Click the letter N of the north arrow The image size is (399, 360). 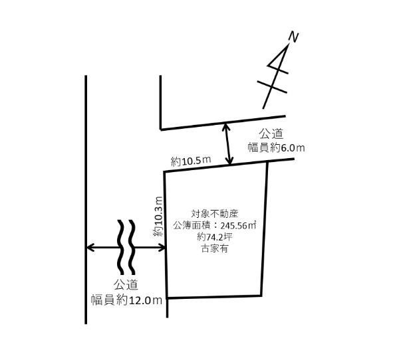tap(293, 37)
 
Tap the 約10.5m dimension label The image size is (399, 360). tap(191, 161)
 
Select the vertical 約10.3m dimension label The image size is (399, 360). tap(158, 217)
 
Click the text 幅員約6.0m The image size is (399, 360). tap(277, 147)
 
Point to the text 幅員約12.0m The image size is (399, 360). tap(127, 300)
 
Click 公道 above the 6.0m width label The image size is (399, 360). tap(271, 134)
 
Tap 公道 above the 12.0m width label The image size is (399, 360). tap(126, 285)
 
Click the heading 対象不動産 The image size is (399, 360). tap(215, 214)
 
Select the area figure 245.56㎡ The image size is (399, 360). tap(238, 226)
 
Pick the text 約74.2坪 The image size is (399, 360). tap(215, 237)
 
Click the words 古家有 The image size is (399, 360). tap(215, 248)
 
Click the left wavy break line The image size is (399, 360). tap(120, 247)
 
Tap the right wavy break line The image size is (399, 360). tap(132, 247)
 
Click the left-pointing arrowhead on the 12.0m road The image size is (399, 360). tap(90, 247)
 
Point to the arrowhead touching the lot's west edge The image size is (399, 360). tap(162, 247)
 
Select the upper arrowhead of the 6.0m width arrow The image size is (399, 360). tap(226, 127)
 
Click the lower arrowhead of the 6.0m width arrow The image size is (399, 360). tap(229, 161)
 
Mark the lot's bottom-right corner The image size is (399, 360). tap(261, 296)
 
